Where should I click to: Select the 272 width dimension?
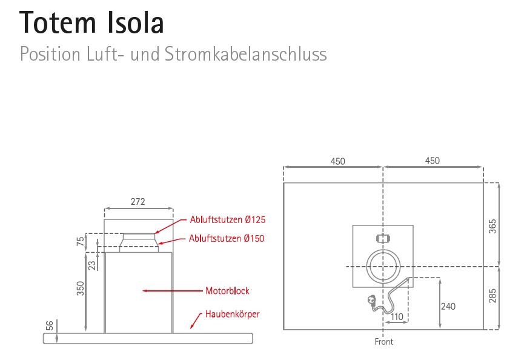pos(138,202)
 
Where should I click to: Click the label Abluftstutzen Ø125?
pos(228,219)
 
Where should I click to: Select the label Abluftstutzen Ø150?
pos(227,239)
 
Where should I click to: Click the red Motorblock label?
pos(227,291)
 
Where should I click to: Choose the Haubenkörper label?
pos(232,314)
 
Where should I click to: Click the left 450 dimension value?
pos(337,161)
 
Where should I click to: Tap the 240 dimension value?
pos(448,307)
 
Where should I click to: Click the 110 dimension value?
pos(397,317)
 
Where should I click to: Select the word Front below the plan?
pos(384,342)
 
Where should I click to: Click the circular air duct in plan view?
pos(383,267)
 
